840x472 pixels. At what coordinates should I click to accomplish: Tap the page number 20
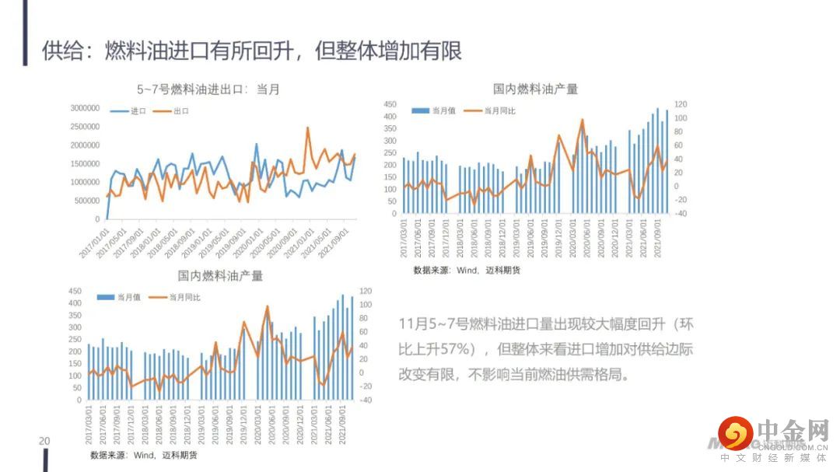pyautogui.click(x=44, y=442)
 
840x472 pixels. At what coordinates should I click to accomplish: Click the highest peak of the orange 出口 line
pyautogui.click(x=308, y=128)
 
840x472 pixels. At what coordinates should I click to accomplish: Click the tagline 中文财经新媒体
pyautogui.click(x=773, y=458)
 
